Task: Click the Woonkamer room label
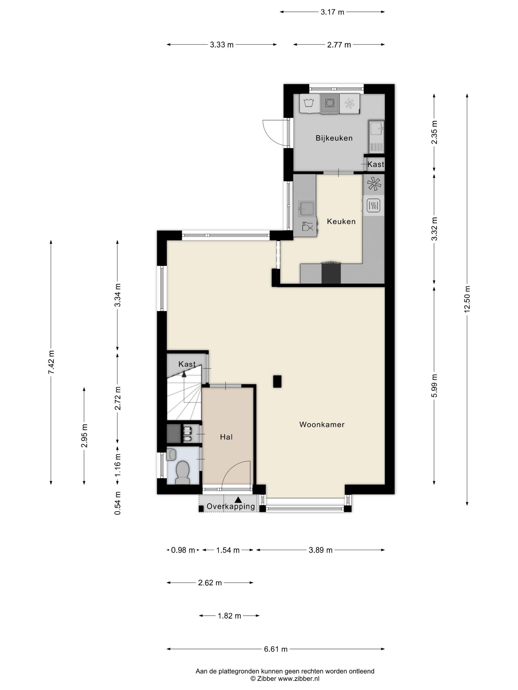tap(322, 424)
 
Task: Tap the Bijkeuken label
tap(334, 138)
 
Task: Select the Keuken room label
tap(341, 222)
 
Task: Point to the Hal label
tap(226, 437)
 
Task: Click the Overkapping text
tap(231, 506)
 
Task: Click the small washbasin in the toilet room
tap(171, 454)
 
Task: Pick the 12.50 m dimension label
tap(467, 299)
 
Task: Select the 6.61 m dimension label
tap(275, 649)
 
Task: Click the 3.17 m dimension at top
tap(332, 12)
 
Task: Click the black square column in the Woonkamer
tap(277, 381)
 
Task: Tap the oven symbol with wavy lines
tap(373, 205)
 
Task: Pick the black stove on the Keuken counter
tap(331, 273)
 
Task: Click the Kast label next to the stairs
tap(187, 364)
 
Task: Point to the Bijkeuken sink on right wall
tap(376, 136)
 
